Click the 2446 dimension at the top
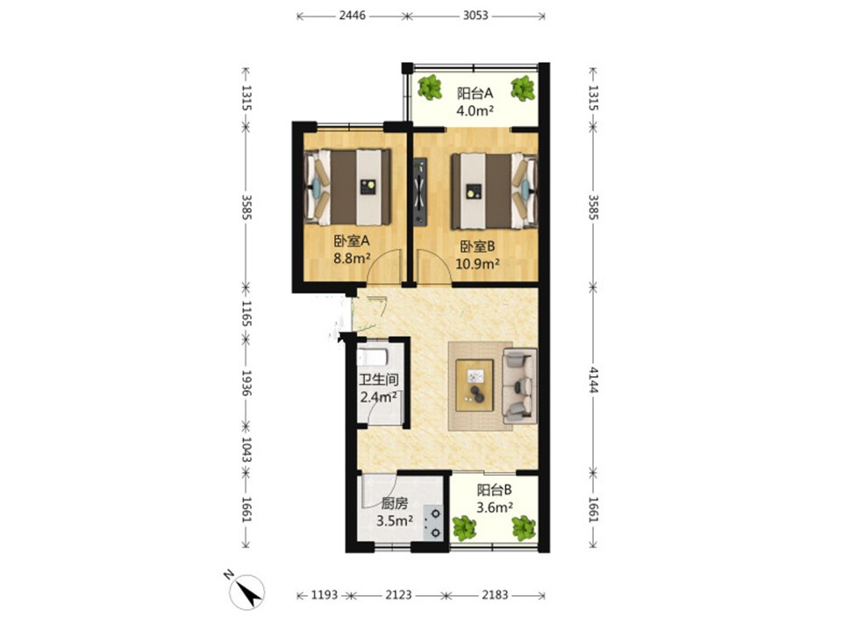[x=353, y=16]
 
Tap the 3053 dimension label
[x=475, y=16]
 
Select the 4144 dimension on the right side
[x=593, y=379]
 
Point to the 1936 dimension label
[x=246, y=383]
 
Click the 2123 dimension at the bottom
[x=398, y=595]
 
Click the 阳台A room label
[x=475, y=94]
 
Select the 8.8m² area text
[x=352, y=259]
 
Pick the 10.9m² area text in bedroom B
[x=478, y=264]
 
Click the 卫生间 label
[x=379, y=379]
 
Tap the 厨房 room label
[x=394, y=503]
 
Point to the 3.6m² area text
[x=495, y=507]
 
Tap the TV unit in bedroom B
[x=419, y=192]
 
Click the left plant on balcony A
[x=430, y=88]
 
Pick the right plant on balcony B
[x=524, y=528]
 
